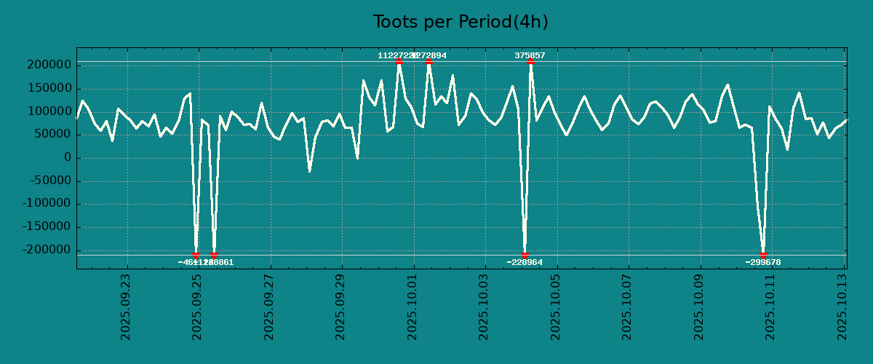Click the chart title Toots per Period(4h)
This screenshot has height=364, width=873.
pos(460,22)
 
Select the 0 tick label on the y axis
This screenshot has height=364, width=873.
pos(68,157)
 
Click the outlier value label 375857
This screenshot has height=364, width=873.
pos(530,55)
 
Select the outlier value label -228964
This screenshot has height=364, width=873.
pos(525,262)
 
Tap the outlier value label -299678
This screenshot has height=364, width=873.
pos(763,262)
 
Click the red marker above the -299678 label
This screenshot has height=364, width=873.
pos(763,254)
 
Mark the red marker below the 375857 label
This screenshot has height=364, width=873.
pos(530,62)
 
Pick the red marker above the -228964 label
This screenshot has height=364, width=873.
pos(525,254)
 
